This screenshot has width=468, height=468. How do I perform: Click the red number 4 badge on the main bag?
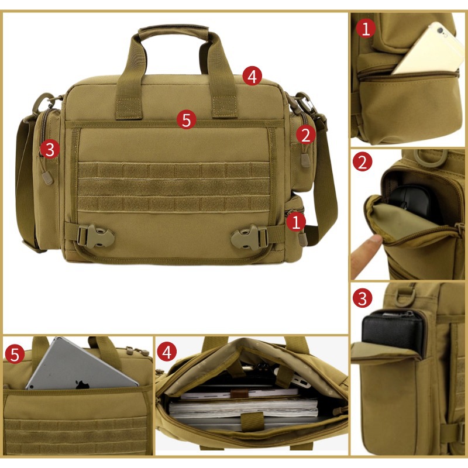[252, 76]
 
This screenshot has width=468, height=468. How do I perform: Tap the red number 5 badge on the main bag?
[186, 121]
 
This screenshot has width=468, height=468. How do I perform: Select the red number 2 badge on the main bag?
[305, 135]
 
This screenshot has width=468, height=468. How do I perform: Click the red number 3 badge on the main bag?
[50, 149]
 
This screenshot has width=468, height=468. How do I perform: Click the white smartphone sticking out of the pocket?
[430, 50]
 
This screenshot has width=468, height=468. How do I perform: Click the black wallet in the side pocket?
[394, 330]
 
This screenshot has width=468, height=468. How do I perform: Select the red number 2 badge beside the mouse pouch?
[363, 162]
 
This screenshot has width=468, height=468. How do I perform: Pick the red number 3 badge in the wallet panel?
[363, 298]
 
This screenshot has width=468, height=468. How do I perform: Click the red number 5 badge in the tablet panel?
[15, 354]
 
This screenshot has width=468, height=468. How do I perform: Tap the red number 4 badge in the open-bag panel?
[167, 352]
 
